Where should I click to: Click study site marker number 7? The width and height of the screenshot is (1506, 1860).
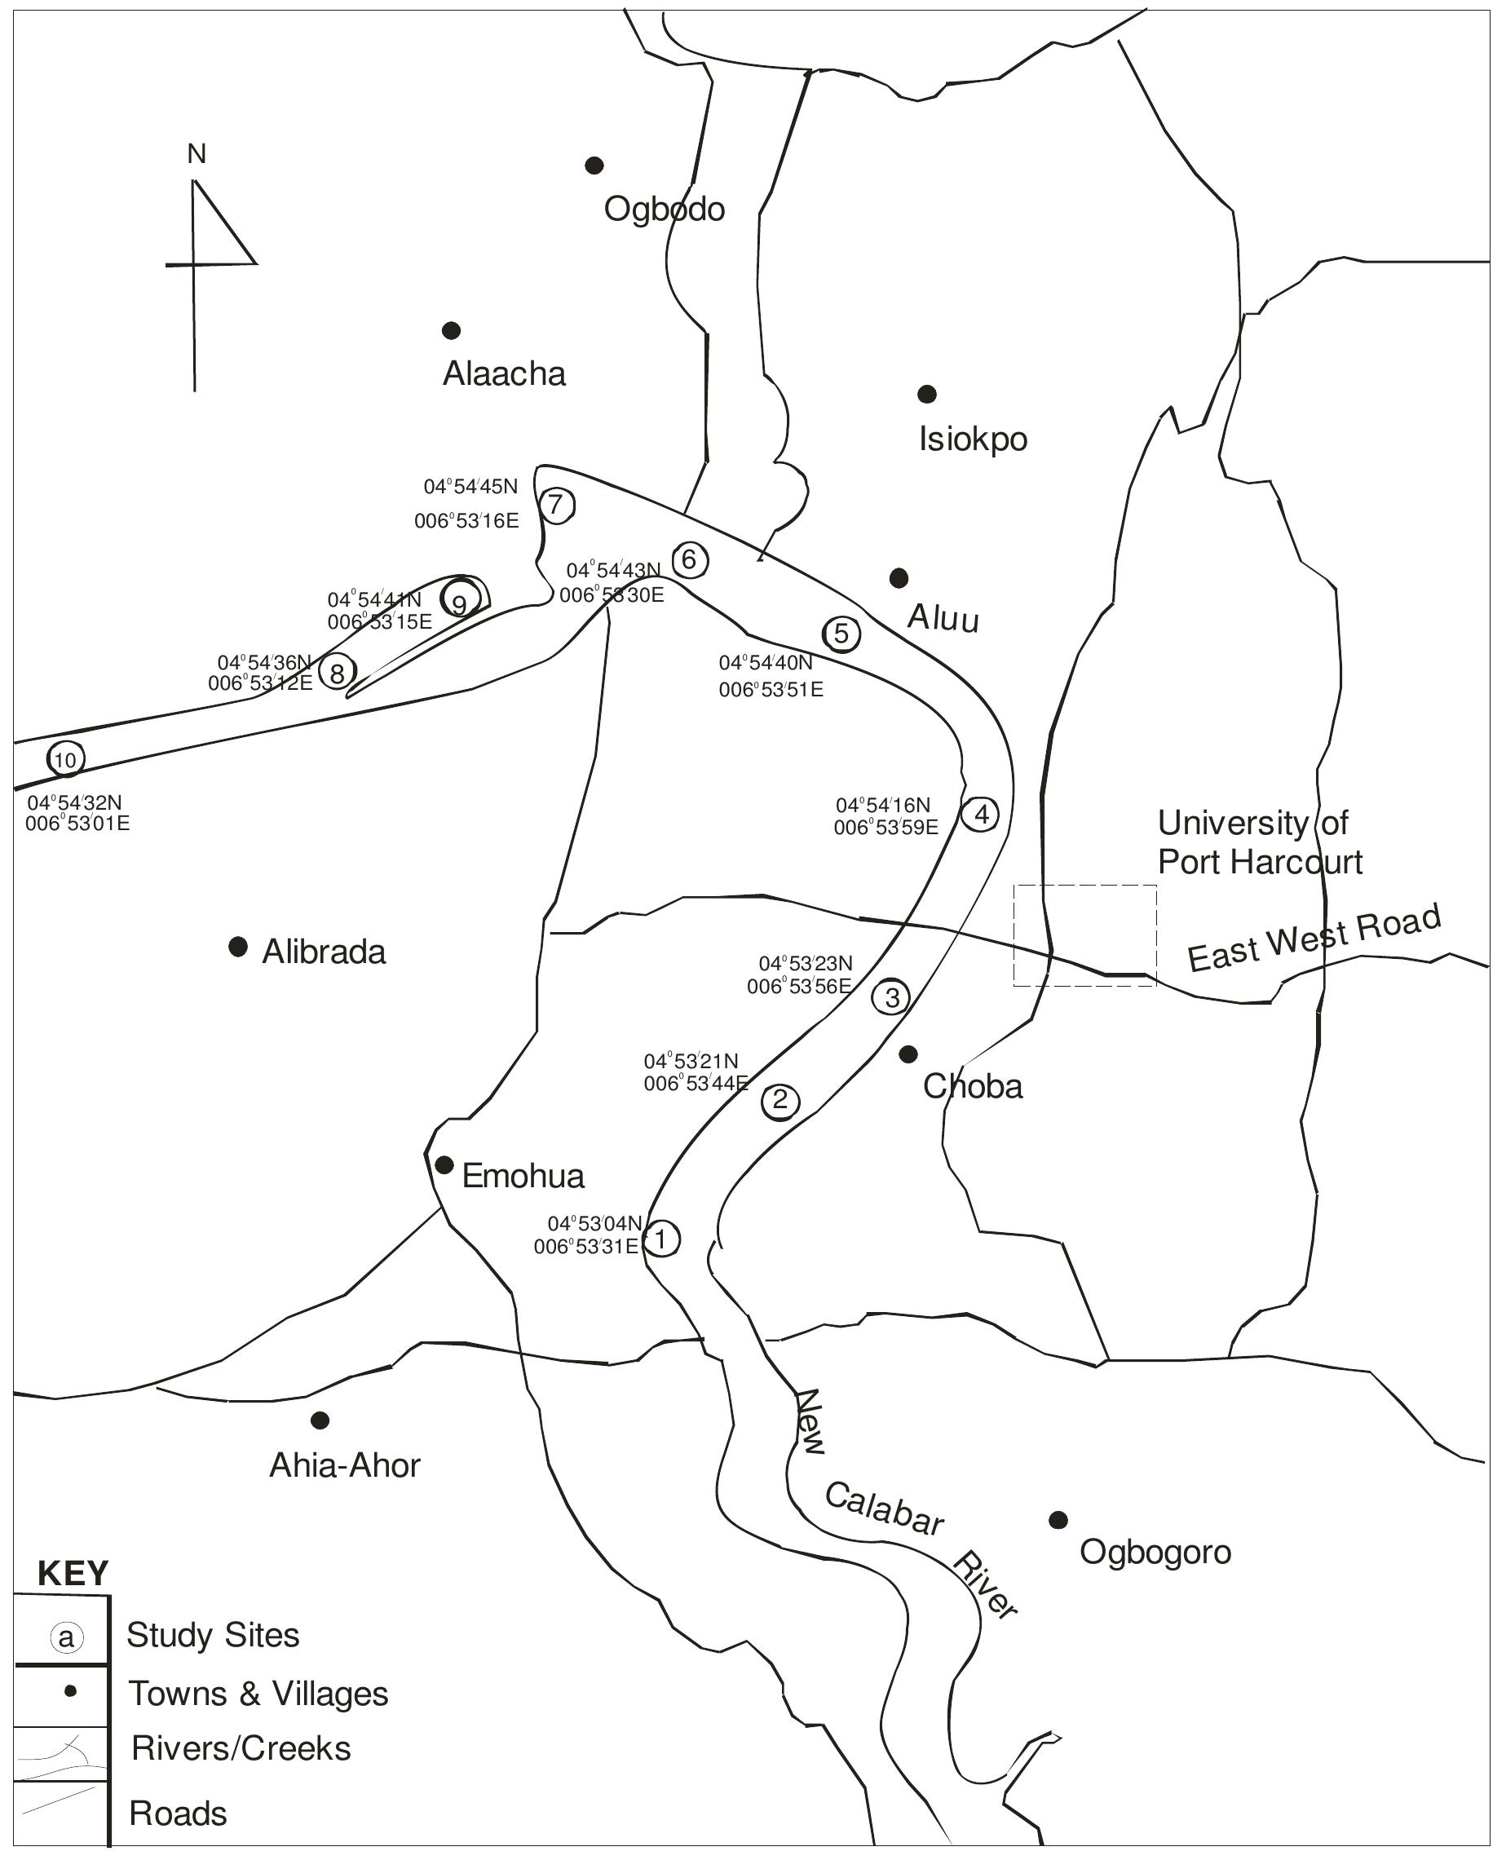[557, 506]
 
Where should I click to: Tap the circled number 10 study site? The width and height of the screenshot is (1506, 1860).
[65, 760]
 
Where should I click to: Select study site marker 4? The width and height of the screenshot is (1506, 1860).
[981, 815]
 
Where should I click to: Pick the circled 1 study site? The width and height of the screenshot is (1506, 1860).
[661, 1239]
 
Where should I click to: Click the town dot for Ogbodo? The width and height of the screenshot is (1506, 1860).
[594, 165]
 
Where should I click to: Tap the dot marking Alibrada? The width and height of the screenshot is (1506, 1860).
[238, 946]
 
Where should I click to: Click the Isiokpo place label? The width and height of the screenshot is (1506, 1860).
[973, 440]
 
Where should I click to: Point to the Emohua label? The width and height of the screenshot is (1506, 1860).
[523, 1177]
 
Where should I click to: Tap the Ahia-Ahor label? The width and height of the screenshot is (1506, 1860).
[344, 1465]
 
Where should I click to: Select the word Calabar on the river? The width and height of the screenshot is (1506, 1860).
[883, 1509]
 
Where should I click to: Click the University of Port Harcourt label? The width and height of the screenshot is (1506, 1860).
[1259, 842]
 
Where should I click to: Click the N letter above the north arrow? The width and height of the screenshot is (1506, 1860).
[197, 154]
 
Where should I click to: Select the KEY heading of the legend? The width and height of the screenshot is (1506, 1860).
[73, 1573]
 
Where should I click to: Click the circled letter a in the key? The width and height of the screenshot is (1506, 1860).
[67, 1637]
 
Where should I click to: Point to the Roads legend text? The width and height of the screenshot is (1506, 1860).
[178, 1814]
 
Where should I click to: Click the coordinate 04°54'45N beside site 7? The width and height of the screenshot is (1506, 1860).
[470, 487]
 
